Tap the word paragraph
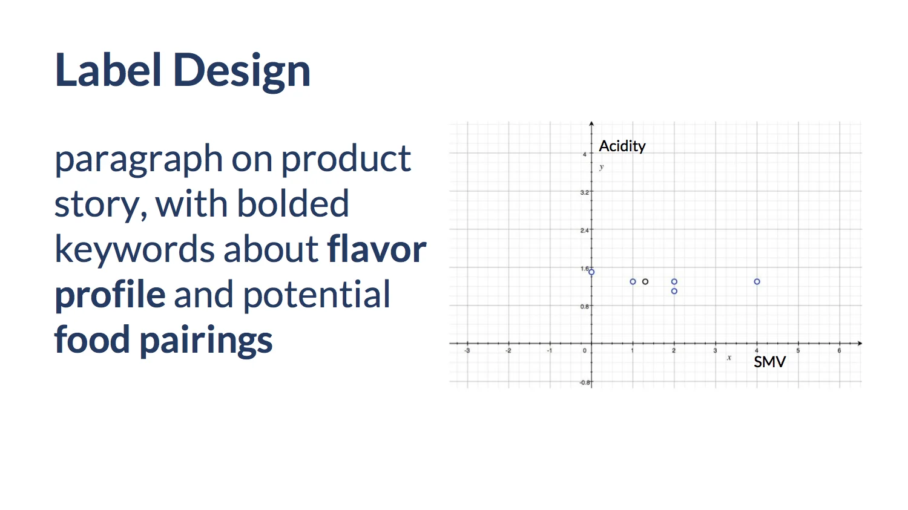(139, 160)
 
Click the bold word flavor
(377, 249)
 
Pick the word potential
(317, 295)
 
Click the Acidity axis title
(622, 146)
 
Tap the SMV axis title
(769, 362)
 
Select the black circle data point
(645, 281)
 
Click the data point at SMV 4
(757, 281)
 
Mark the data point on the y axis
(591, 272)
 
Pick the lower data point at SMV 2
(674, 291)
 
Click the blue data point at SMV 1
(633, 281)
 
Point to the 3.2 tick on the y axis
(584, 192)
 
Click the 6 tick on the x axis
(839, 351)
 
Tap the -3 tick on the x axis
(467, 351)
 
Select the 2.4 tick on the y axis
(584, 230)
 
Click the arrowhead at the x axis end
(860, 343)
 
